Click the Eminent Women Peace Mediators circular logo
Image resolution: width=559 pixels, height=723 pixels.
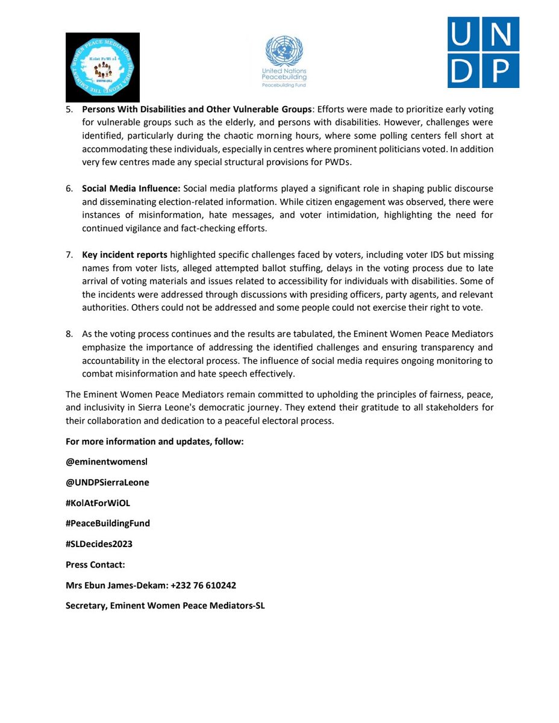click(x=103, y=67)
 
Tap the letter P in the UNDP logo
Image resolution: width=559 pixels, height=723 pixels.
click(x=501, y=70)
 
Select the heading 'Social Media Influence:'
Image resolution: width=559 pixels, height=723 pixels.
click(x=131, y=189)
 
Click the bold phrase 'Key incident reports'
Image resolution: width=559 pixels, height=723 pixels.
click(x=125, y=255)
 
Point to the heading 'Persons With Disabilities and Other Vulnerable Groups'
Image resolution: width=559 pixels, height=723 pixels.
click(x=197, y=110)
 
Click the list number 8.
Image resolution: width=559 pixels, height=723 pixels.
click(x=70, y=333)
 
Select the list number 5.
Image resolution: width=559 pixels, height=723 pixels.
click(x=70, y=110)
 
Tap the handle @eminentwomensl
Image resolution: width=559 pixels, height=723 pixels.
click(x=106, y=462)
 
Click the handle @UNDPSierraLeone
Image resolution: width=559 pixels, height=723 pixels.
click(x=107, y=483)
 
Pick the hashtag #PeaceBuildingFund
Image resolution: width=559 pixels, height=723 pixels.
click(x=108, y=524)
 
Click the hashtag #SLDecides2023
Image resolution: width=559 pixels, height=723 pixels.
click(x=99, y=544)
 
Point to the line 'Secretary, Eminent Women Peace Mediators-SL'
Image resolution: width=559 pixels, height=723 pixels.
click(x=165, y=606)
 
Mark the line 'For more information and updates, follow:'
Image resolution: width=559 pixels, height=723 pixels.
click(x=154, y=442)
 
